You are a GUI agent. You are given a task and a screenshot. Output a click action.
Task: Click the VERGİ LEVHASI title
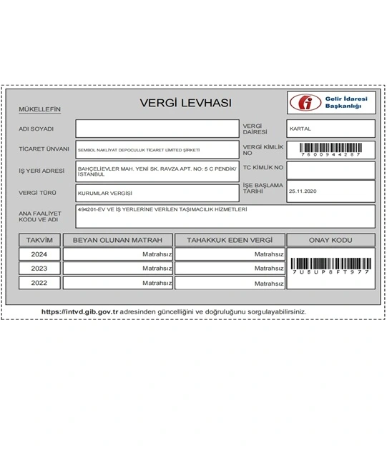(x=185, y=104)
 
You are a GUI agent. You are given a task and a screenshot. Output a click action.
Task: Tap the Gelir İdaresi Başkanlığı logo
(x=331, y=103)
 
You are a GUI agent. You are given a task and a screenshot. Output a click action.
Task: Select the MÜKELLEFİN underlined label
(x=39, y=110)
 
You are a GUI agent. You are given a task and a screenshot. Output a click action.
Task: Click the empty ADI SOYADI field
(x=157, y=129)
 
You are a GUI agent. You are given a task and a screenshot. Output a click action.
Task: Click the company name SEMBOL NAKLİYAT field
(x=157, y=150)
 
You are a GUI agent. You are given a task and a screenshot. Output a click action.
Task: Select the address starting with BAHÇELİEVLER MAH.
(x=157, y=171)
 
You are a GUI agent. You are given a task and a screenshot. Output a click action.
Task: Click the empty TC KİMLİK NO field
(x=330, y=170)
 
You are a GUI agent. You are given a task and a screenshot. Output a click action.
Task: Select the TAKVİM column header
(x=39, y=240)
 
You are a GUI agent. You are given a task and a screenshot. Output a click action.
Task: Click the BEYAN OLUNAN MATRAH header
(x=117, y=240)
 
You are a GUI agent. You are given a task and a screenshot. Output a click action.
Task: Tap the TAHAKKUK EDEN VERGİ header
(x=230, y=240)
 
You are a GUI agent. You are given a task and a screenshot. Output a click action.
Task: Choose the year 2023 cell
(x=39, y=269)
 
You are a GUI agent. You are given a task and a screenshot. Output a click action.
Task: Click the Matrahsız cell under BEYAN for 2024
(x=117, y=254)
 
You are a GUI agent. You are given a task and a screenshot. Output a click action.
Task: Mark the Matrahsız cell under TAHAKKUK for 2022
(x=230, y=283)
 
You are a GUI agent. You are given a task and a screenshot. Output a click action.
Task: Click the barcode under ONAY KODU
(x=330, y=264)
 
